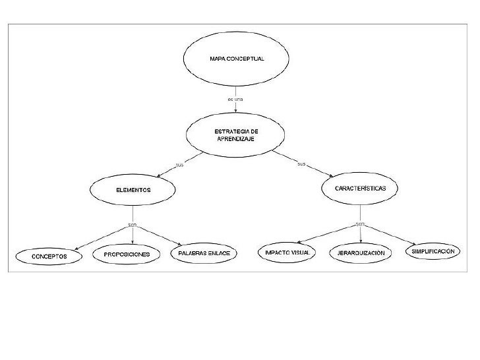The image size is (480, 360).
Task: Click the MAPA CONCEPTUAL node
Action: (x=236, y=59)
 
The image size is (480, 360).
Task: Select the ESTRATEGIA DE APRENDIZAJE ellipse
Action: (x=236, y=136)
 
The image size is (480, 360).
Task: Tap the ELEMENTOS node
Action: (x=133, y=190)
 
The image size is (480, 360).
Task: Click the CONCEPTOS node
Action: (x=50, y=256)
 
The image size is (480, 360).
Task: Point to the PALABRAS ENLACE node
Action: (x=204, y=253)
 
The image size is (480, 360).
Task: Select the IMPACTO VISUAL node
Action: (x=287, y=253)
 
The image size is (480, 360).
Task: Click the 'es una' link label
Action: (x=235, y=99)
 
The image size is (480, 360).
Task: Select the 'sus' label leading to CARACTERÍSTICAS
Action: (x=301, y=164)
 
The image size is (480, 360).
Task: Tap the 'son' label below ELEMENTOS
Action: (x=133, y=225)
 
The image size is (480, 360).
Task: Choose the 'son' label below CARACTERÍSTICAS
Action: (x=360, y=224)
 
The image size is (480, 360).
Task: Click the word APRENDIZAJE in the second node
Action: (x=236, y=140)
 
